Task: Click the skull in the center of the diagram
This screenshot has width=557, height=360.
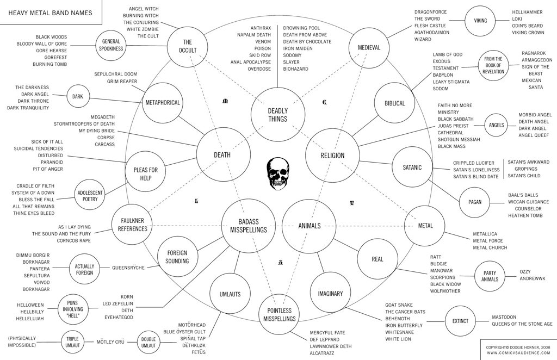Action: click(278, 173)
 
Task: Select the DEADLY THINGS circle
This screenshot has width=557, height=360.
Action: click(278, 115)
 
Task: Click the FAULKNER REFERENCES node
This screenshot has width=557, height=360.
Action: click(133, 225)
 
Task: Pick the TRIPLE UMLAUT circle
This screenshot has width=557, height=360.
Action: click(72, 342)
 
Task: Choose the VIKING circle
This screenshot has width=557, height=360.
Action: click(481, 21)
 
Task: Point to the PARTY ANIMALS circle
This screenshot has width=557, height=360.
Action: click(490, 276)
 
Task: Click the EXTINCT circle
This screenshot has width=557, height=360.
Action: click(460, 321)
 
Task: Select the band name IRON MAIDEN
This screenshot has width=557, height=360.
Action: click(298, 48)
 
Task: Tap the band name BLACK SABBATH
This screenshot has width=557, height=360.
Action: click(455, 119)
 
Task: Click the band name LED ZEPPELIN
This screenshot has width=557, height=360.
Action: click(117, 303)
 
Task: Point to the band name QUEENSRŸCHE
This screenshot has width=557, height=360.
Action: click(128, 268)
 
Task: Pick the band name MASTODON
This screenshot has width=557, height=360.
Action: click(504, 317)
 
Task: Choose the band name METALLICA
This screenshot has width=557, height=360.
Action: click(485, 234)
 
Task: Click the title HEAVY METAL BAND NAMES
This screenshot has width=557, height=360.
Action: click(50, 13)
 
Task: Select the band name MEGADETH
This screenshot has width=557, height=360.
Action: click(103, 117)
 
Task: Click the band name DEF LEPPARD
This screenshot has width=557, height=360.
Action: click(324, 339)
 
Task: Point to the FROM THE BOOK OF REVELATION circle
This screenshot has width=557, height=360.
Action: click(493, 65)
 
